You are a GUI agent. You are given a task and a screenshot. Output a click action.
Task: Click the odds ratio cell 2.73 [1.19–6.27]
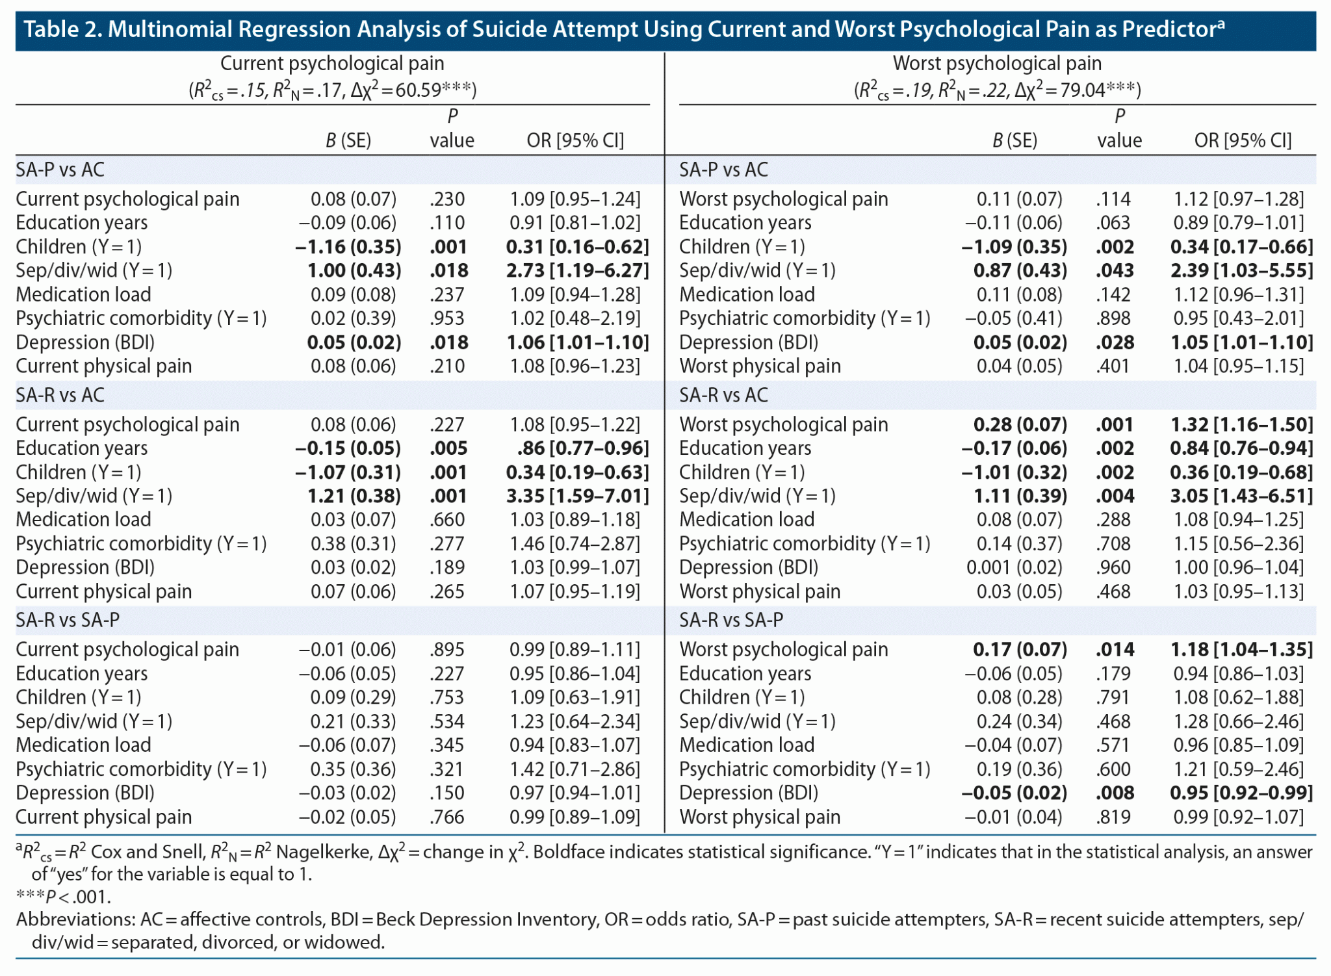[x=577, y=270]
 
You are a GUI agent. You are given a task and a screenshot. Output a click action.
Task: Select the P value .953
[x=447, y=318]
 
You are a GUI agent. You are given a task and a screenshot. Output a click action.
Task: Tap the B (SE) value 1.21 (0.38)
[x=354, y=496]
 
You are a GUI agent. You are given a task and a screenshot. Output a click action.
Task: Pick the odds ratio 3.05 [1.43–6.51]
[x=1241, y=496]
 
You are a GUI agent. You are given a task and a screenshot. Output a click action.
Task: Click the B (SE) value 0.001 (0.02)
[x=1014, y=567]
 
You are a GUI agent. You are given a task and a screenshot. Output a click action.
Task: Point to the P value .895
[x=447, y=649]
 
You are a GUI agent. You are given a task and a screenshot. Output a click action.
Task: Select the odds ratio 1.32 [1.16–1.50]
[x=1241, y=424]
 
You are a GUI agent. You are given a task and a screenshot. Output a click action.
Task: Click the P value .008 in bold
[x=1115, y=793]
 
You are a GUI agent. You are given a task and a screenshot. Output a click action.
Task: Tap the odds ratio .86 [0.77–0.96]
[x=582, y=448]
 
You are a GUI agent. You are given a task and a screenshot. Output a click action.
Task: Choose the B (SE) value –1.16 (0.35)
[x=348, y=247]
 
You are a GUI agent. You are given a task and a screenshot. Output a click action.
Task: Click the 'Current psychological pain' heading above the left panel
[x=332, y=64]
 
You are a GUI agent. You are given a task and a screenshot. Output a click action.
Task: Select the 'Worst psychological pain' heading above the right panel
[x=997, y=64]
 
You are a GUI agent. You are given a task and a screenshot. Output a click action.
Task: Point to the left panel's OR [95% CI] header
[x=575, y=140]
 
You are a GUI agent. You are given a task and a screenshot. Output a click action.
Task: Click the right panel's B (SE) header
[x=1014, y=140]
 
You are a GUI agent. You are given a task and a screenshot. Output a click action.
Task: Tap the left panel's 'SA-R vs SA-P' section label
[x=68, y=620]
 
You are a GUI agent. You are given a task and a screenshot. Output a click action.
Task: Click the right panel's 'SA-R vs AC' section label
[x=723, y=395]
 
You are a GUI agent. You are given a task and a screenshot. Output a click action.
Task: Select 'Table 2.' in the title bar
[x=62, y=29]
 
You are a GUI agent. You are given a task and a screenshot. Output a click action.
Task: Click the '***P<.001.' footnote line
[x=64, y=897]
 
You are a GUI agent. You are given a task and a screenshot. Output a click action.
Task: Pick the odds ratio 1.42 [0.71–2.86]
[x=575, y=769]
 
